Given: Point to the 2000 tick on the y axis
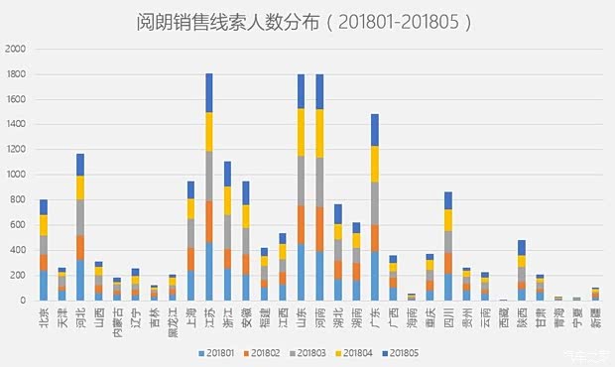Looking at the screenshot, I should coord(16,49).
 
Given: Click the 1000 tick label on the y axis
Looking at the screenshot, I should coord(16,175).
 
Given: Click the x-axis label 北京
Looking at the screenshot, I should coord(43,318).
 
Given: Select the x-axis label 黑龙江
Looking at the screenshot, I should coord(172,323).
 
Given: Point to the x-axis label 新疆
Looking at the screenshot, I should coord(595,318).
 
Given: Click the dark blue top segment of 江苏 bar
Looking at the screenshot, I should coord(209,92).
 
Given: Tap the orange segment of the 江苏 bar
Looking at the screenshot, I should coord(209,221).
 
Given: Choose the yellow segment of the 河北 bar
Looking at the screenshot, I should coord(79,187).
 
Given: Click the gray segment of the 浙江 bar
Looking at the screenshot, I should coord(227,231).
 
